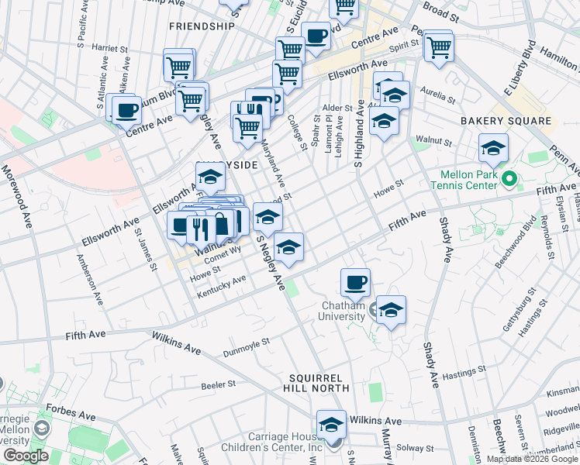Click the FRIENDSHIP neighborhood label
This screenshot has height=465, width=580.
point(201,26)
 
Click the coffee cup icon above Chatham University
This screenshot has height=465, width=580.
point(355,282)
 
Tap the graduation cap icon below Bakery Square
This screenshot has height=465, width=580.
point(493,147)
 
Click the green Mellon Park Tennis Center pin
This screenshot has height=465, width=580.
point(509,180)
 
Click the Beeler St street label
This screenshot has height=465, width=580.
point(218,384)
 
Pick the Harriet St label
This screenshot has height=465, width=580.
point(109,48)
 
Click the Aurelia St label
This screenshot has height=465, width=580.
point(438,96)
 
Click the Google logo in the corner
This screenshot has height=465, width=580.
point(25,456)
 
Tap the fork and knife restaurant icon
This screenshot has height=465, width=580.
point(200,226)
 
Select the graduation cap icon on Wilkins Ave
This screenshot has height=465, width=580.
point(331,425)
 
